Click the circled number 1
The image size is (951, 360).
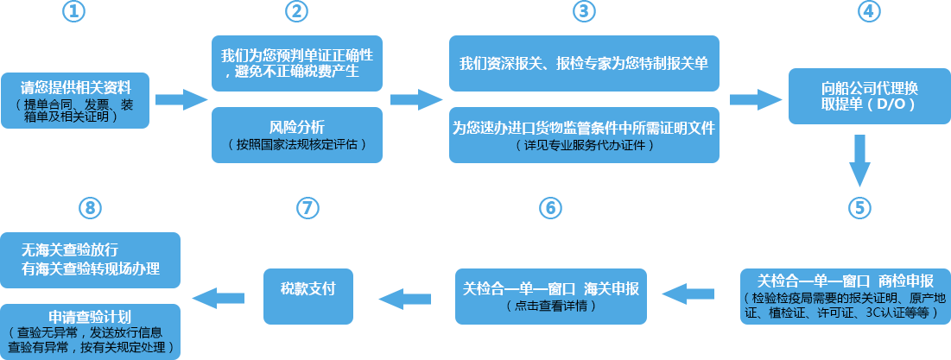tap(74, 11)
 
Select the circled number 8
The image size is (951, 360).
tap(90, 207)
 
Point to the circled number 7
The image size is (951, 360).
tap(307, 207)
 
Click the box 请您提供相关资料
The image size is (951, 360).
tap(76, 100)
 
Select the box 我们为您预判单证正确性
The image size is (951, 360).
tap(296, 63)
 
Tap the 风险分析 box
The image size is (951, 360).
tap(296, 134)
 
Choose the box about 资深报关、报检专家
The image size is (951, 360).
tap(584, 63)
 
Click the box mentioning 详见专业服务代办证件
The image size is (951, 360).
tap(584, 134)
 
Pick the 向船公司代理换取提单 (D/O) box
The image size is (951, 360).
tap(867, 96)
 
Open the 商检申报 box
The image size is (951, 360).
tap(845, 294)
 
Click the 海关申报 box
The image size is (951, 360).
tap(550, 294)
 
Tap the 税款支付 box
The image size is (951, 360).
tap(307, 294)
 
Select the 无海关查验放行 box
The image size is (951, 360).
tap(91, 259)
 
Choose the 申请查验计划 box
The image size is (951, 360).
tap(91, 331)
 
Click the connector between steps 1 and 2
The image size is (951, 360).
tap(181, 100)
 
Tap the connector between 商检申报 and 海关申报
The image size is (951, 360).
tap(688, 294)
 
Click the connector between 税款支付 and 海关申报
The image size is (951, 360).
tap(404, 298)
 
